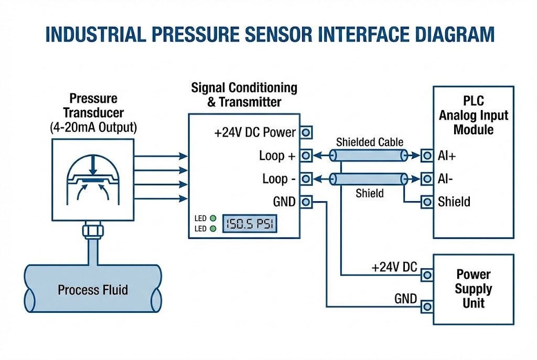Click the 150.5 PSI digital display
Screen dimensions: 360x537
coord(250,224)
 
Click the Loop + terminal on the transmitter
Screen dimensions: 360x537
coord(306,155)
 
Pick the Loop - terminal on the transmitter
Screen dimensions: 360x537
coord(306,179)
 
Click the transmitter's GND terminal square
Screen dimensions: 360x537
coord(306,202)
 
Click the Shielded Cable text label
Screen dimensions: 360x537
coord(370,142)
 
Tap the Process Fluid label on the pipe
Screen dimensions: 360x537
coord(93,290)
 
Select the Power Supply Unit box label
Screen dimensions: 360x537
coord(473,288)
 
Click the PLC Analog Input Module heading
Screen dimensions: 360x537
coord(474,115)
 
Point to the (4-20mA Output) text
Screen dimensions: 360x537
coord(93,127)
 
